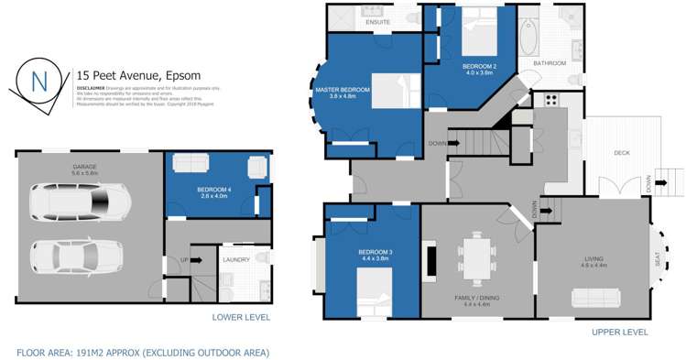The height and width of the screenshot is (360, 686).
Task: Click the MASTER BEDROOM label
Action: [343, 90]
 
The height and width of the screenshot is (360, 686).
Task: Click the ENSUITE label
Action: [377, 21]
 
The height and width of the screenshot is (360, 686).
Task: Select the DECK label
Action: [621, 153]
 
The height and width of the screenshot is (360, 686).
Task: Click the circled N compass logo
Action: [39, 80]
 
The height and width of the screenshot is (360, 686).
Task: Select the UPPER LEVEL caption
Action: [620, 332]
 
